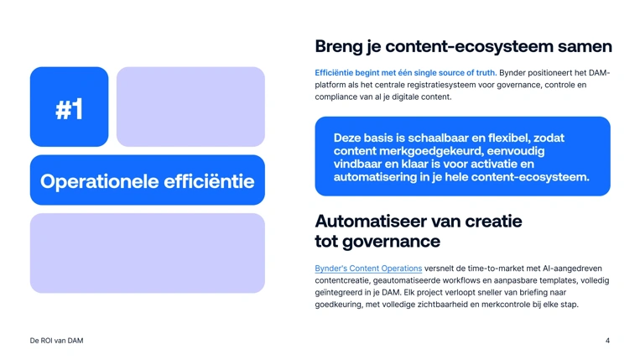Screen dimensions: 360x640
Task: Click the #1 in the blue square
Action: [x=69, y=108]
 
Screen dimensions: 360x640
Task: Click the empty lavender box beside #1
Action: [x=190, y=107]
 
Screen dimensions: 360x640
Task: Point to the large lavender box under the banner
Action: [x=147, y=253]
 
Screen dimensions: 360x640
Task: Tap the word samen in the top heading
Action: [x=585, y=46]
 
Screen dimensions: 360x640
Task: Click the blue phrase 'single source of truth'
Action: [x=453, y=73]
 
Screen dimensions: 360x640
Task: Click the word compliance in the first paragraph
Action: [x=337, y=97]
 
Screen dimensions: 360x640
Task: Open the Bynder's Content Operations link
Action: [x=368, y=269]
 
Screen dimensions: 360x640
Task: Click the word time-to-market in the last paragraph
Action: [x=503, y=269]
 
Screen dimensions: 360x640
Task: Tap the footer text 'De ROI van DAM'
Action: [x=56, y=341]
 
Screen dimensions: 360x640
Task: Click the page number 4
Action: [x=607, y=341]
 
